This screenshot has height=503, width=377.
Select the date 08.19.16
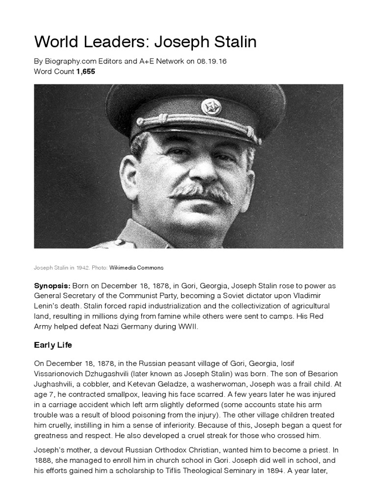(x=210, y=62)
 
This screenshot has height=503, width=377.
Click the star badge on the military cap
(x=211, y=107)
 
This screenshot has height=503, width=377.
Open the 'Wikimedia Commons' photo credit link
(x=136, y=268)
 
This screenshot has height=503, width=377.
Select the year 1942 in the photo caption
(x=83, y=268)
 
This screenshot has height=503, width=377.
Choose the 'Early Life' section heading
(x=53, y=345)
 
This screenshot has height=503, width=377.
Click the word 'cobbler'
(x=102, y=385)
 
